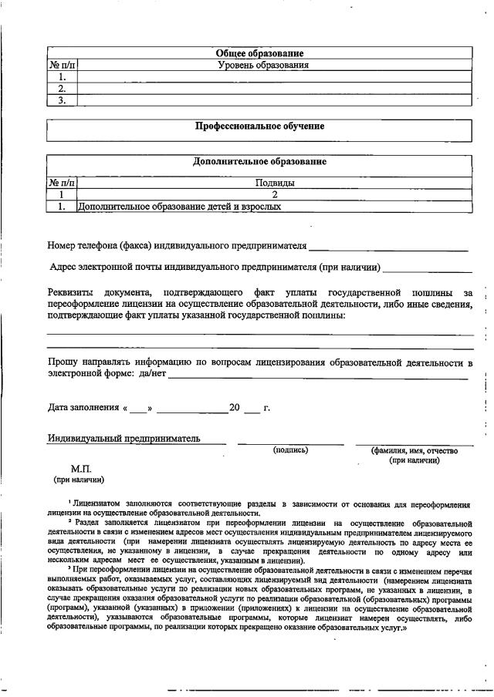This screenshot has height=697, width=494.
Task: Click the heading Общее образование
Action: (x=259, y=53)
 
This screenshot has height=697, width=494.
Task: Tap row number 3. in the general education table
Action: (x=62, y=100)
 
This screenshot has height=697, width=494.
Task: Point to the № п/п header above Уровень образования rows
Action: (x=62, y=66)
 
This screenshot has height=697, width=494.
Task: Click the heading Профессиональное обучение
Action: (x=259, y=126)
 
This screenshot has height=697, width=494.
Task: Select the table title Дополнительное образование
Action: (x=259, y=162)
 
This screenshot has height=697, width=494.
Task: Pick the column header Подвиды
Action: (x=274, y=184)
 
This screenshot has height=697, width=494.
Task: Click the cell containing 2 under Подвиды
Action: (x=274, y=195)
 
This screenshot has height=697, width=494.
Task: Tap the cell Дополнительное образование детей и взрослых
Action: (x=179, y=207)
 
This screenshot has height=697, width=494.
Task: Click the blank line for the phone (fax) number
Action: (x=388, y=249)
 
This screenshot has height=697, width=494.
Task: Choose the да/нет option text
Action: (x=152, y=375)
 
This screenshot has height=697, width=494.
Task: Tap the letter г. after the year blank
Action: (x=266, y=407)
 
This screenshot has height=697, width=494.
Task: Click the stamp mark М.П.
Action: (x=81, y=469)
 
